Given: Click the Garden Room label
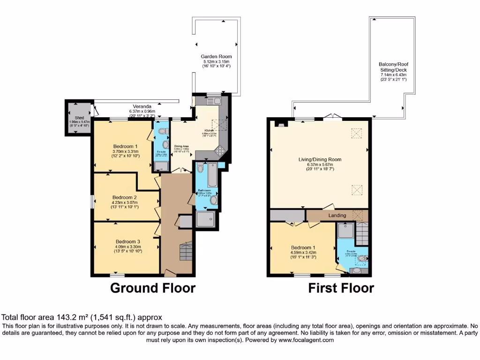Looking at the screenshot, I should [216, 56].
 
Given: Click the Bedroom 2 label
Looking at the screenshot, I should [125, 197].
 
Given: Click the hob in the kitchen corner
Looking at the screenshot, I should [219, 151].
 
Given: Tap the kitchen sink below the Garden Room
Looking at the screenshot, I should [215, 100].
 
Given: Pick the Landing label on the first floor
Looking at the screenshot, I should [337, 215].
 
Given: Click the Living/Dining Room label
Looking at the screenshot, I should [320, 159].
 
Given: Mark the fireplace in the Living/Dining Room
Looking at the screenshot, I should [280, 124].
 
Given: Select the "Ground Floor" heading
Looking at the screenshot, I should [153, 288].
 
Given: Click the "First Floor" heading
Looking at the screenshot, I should [341, 288].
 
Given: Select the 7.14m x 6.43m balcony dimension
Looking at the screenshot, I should [393, 75].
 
